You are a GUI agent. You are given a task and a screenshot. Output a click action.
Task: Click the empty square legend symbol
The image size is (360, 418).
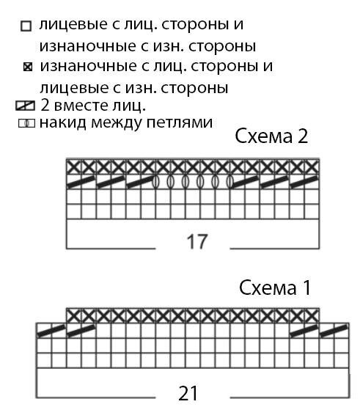tap(26, 26)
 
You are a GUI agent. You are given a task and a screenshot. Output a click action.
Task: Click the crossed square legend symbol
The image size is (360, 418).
tap(28, 67)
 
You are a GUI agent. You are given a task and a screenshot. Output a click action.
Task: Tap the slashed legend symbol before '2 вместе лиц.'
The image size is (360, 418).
tap(25, 106)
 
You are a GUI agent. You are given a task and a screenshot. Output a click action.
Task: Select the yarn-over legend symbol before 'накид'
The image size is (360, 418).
tap(26, 123)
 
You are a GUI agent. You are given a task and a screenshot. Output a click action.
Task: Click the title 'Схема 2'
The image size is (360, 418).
tap(271, 136)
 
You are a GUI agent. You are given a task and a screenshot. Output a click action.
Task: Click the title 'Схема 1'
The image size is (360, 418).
tap(275, 287)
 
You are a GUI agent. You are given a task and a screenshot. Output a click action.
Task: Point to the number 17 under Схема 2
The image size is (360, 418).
tap(197, 241)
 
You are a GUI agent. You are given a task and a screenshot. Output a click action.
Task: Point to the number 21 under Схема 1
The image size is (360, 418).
tap(188, 393)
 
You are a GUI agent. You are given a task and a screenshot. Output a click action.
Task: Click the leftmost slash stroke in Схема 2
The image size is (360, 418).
tap(81, 182)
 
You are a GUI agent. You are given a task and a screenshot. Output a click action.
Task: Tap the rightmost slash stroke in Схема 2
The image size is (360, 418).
tap(304, 182)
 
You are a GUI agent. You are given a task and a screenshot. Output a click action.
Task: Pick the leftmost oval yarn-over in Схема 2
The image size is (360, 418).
tap(155, 182)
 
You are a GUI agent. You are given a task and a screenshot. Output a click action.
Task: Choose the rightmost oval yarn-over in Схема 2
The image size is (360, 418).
tap(229, 182)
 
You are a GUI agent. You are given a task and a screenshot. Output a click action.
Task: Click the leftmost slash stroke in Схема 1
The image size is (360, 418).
tap(51, 331)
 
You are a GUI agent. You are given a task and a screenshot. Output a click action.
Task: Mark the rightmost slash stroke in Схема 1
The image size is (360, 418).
tap(334, 331)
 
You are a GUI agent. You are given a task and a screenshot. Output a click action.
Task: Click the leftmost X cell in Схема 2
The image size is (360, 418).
tap(74, 167)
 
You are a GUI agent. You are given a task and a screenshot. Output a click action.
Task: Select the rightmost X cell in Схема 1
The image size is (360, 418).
tap(312, 316)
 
